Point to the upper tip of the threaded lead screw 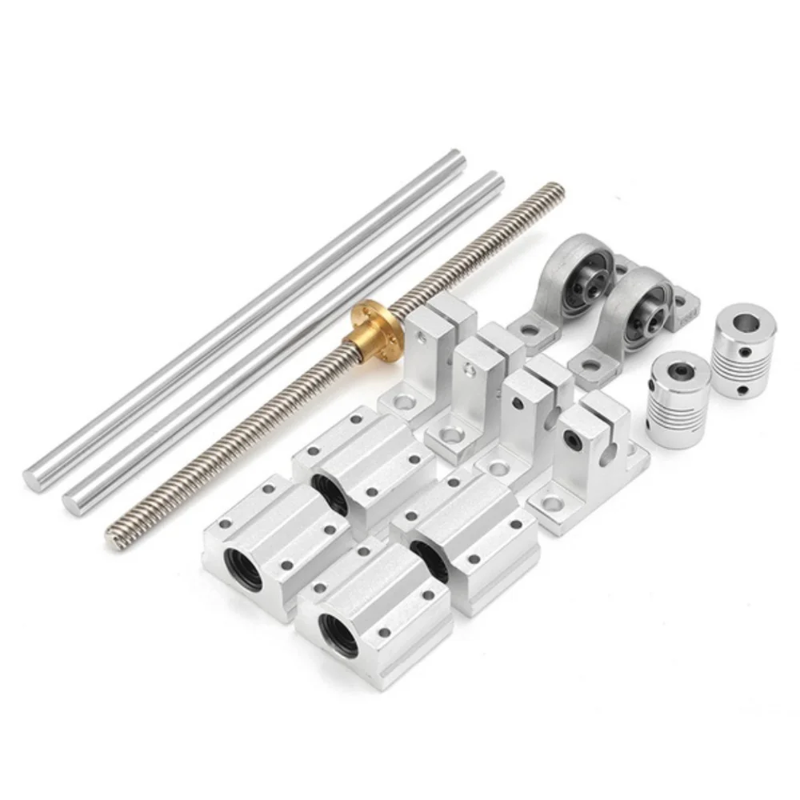coord(557,190)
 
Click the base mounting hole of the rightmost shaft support coord(551,504)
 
